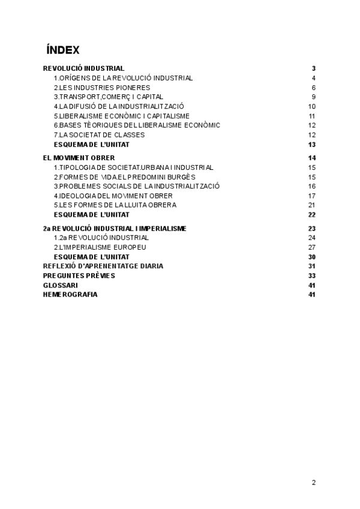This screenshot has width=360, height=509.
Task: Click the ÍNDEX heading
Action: (x=62, y=49)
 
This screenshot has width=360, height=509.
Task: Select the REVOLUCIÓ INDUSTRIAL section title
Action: (x=84, y=68)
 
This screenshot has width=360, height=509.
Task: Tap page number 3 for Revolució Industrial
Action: (x=314, y=68)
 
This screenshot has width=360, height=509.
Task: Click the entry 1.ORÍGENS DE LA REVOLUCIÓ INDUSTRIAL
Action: (x=123, y=78)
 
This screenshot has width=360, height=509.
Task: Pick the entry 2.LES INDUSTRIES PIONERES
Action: (x=102, y=88)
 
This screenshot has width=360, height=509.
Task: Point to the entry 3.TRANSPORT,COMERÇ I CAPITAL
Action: (x=108, y=97)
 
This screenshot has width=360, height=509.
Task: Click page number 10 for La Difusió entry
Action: (x=312, y=106)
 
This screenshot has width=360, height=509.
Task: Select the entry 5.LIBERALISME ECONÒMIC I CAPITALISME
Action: (x=122, y=116)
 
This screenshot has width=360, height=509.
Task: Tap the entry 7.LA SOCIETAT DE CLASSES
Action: (x=99, y=135)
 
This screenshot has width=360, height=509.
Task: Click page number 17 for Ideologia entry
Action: (x=312, y=196)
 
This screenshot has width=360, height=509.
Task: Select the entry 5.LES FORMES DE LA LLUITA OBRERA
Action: (x=115, y=205)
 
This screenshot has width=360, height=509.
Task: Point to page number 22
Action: (x=312, y=215)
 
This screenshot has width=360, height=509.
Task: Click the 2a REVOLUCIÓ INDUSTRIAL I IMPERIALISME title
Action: (x=115, y=229)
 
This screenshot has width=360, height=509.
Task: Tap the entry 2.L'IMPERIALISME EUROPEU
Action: (x=100, y=247)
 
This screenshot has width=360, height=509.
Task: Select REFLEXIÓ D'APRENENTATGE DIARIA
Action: (x=103, y=266)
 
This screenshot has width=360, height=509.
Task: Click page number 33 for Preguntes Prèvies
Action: (x=312, y=276)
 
